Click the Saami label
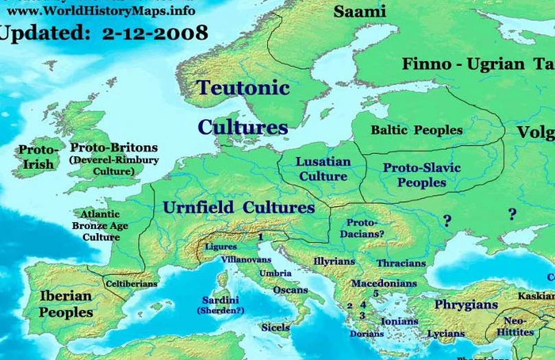pos(359,11)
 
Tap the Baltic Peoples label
pos(417,129)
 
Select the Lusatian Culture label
pos(323,168)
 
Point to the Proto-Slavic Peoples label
pos(422,175)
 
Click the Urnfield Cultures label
pos(239,208)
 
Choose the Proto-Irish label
pos(38,157)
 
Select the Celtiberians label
pos(132,283)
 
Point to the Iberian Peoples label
pos(66,304)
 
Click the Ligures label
pos(221,247)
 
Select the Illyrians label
pos(334,261)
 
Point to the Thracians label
pos(401,263)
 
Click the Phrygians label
pos(465,304)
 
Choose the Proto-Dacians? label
pos(366,228)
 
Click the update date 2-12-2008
pos(154,33)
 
